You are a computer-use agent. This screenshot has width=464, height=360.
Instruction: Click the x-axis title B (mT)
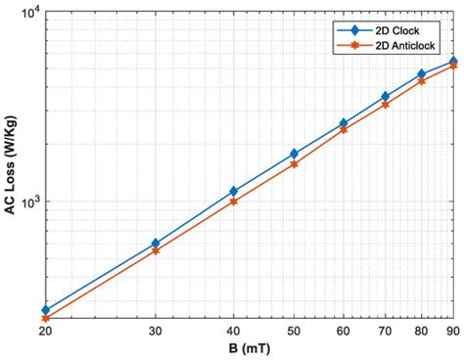(250, 348)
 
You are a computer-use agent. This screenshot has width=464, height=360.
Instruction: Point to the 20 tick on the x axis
(45, 331)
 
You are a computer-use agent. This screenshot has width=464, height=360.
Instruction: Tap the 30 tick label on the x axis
(156, 331)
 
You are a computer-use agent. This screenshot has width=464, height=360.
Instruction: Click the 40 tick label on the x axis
(233, 331)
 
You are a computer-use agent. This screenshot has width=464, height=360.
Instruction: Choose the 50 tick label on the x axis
(294, 331)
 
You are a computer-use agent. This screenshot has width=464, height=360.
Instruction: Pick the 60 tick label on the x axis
(344, 331)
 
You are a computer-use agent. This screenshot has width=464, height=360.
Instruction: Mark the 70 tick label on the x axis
(386, 331)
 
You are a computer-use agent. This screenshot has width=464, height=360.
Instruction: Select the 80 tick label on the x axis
(422, 331)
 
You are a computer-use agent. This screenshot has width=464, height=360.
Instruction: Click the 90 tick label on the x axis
(453, 331)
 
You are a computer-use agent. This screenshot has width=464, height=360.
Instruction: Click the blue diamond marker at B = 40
(233, 191)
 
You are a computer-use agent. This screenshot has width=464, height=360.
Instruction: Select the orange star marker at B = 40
(233, 202)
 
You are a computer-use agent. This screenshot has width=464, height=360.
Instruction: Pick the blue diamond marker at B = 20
(45, 309)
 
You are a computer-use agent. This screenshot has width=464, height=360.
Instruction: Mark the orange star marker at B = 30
(156, 251)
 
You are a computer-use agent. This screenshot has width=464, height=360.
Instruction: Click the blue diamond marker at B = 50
(294, 154)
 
